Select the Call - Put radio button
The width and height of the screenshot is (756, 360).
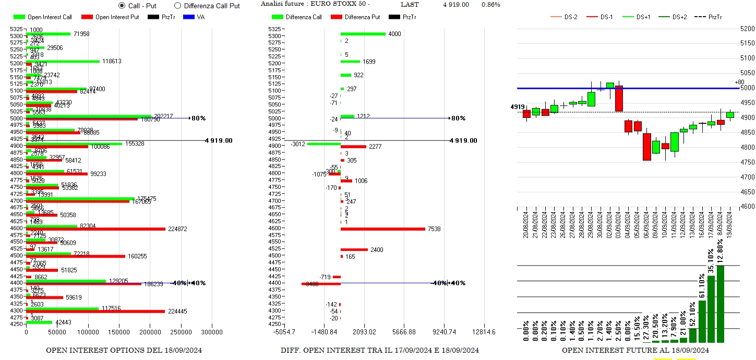click(x=122, y=6)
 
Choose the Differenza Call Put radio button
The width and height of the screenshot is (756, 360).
click(x=177, y=6)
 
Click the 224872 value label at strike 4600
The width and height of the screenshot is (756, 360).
click(x=177, y=229)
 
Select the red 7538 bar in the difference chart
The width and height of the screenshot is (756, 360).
click(x=383, y=229)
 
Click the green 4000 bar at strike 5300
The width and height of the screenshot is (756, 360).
click(x=363, y=34)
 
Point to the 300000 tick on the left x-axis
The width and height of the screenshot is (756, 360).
click(x=212, y=332)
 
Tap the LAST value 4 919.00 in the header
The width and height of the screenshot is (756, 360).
click(x=456, y=5)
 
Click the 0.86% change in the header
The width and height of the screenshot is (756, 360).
click(x=490, y=5)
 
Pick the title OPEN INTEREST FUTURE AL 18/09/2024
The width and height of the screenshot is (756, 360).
click(x=635, y=350)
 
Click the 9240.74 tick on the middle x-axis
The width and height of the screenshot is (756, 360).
click(x=444, y=332)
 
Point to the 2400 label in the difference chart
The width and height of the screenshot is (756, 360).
click(x=376, y=250)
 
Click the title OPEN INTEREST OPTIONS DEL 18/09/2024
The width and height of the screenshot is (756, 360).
click(x=124, y=350)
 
